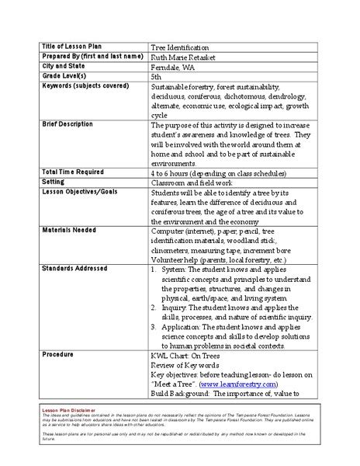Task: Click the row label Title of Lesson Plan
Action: coord(73,47)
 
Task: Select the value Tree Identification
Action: coord(179,47)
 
